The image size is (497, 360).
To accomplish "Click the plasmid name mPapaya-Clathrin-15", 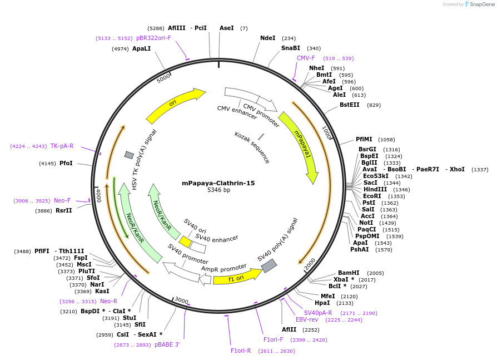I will (x=218, y=183).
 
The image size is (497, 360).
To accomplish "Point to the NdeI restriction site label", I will (x=267, y=38).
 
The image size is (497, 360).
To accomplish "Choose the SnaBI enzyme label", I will (x=290, y=48).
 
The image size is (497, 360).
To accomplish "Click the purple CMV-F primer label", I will (x=306, y=58).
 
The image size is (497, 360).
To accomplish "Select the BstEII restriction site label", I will (x=349, y=105).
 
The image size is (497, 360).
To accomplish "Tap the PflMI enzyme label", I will (x=365, y=139).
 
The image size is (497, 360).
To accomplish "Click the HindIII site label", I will (x=375, y=189).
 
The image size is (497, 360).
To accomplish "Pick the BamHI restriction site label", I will (x=349, y=273).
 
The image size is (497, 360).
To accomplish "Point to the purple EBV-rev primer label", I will (x=307, y=319).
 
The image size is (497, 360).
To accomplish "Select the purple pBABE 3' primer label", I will (x=167, y=345).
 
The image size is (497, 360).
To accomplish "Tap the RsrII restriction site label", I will (x=64, y=210).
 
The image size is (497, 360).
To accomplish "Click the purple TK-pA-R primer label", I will (x=62, y=146).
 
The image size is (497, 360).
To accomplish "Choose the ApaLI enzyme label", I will (x=141, y=48).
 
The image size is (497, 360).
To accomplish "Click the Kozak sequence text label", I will (x=252, y=147).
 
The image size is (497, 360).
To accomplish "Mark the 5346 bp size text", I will (x=218, y=190).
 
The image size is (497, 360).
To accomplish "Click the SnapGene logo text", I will (x=481, y=4).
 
